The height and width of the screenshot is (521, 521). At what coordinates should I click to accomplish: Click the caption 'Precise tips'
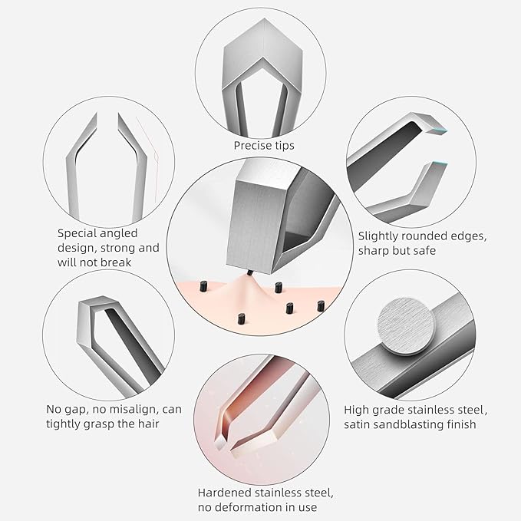pyautogui.click(x=263, y=145)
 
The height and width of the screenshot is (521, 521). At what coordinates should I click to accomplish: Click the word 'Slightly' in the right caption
pyautogui.click(x=381, y=237)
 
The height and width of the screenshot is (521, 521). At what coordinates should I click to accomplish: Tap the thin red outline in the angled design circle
pyautogui.click(x=153, y=153)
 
